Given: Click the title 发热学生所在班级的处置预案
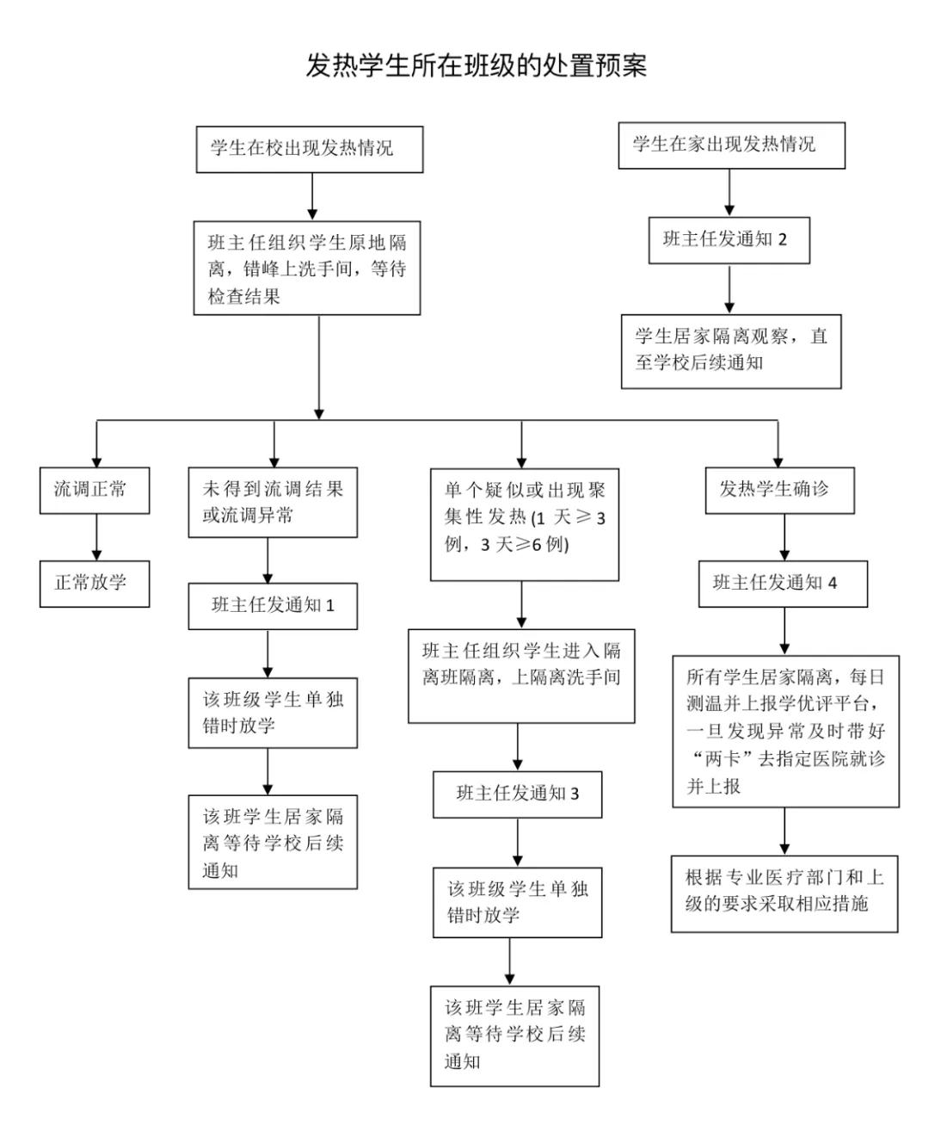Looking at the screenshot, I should [x=476, y=66].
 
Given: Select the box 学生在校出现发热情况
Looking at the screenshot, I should [x=310, y=149].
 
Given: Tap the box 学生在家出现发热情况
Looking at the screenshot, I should [x=731, y=145].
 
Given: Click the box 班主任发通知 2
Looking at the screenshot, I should [x=729, y=240].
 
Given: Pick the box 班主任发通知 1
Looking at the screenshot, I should [x=273, y=606].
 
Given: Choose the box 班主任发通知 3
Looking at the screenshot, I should [x=517, y=794].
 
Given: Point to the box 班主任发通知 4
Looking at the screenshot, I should [x=783, y=584].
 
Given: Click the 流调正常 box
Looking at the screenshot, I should [x=95, y=491].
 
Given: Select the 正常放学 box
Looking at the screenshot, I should [x=95, y=584].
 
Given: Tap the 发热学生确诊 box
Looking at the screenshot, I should [x=778, y=491].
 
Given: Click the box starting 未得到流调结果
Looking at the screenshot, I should [x=273, y=503].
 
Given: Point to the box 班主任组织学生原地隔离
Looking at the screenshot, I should [x=307, y=269].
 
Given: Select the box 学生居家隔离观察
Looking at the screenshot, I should [x=731, y=350].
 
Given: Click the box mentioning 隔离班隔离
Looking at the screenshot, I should [x=521, y=676].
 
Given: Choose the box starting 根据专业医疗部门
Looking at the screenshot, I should [x=784, y=893].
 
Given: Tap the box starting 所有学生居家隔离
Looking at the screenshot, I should [x=785, y=731].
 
